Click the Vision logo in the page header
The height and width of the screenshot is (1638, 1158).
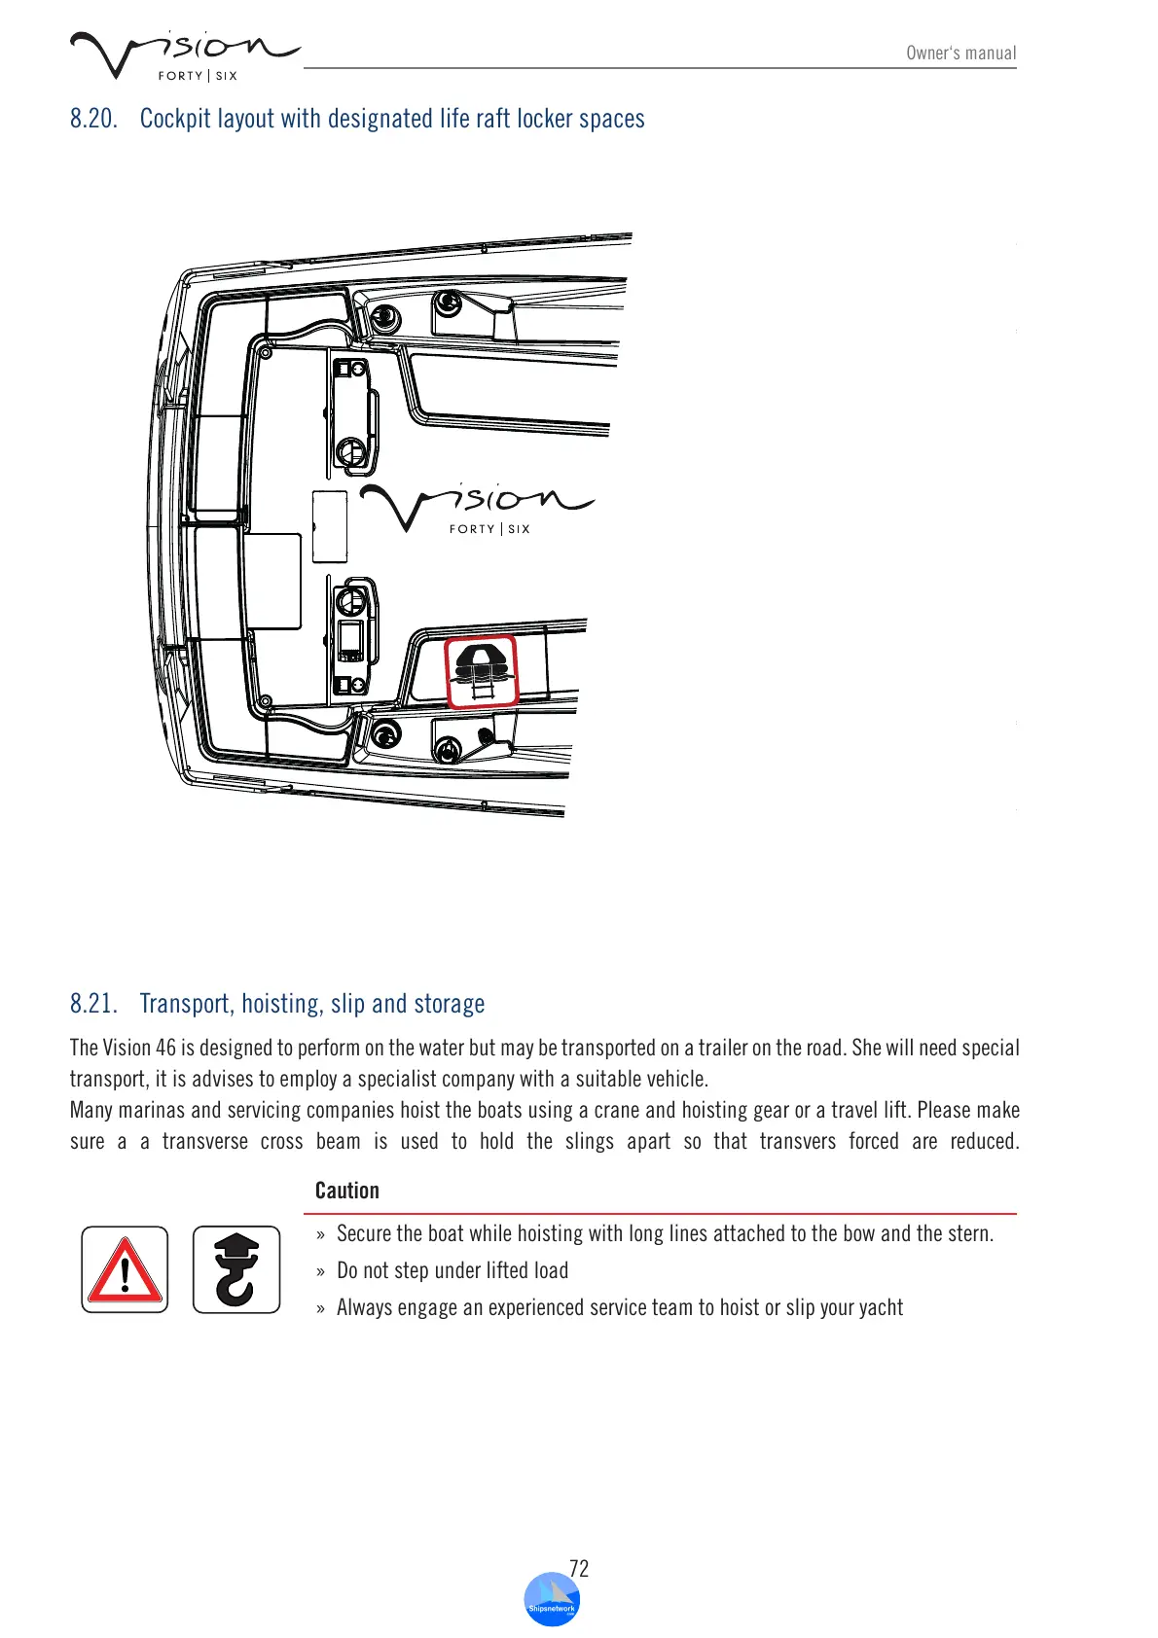click(x=183, y=54)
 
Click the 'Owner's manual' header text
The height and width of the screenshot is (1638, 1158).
click(x=960, y=53)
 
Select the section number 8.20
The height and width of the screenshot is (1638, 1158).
click(x=93, y=119)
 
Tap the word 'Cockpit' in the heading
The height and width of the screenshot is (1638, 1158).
click(x=175, y=119)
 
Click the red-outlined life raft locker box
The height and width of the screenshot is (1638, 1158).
click(x=481, y=672)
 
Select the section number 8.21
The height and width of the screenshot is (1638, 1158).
click(x=93, y=1004)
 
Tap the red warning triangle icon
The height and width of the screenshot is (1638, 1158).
click(x=125, y=1269)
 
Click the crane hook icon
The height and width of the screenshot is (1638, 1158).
click(x=236, y=1269)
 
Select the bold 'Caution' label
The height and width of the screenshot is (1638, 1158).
click(x=347, y=1191)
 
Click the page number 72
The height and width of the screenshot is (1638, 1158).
click(x=579, y=1568)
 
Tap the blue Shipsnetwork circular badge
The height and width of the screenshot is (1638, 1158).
click(x=552, y=1600)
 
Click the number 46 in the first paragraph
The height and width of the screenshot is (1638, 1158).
click(x=165, y=1049)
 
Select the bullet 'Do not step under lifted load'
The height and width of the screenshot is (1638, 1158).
click(x=452, y=1271)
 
